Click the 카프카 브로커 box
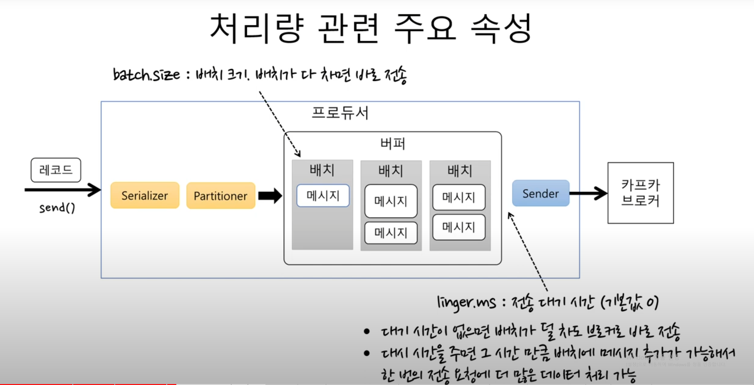point(640,193)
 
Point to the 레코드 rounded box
point(56,170)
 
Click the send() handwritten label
point(57,208)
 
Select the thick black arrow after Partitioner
point(270,196)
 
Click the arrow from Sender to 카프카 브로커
point(588,193)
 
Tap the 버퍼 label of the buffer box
point(393,144)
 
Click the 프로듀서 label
point(340,113)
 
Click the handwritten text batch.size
point(146,74)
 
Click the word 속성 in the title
point(501,28)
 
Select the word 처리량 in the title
point(257,28)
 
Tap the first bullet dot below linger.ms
point(366,331)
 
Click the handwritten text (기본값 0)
point(629,303)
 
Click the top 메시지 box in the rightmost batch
point(459,197)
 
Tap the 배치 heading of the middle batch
point(391,171)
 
